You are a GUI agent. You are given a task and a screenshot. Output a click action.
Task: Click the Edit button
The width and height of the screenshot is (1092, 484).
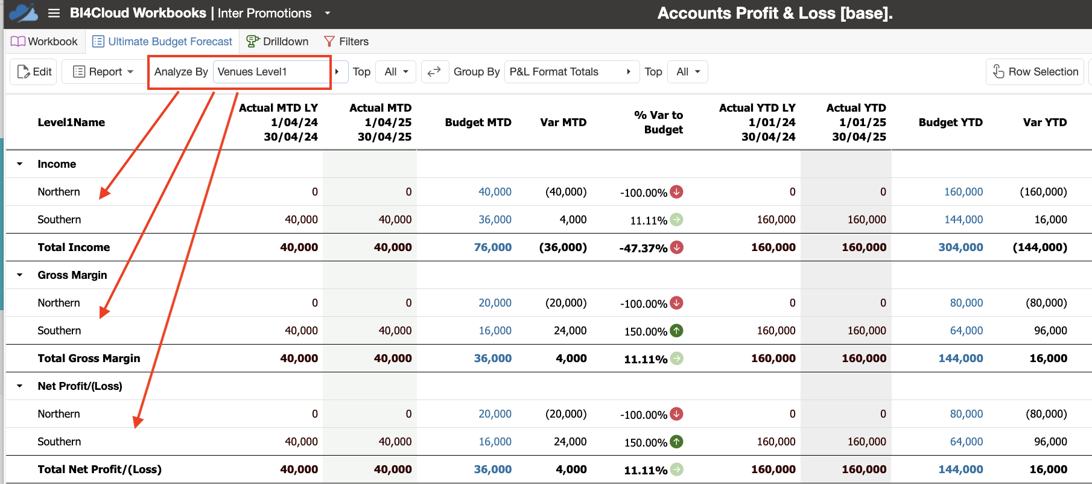pyautogui.click(x=34, y=72)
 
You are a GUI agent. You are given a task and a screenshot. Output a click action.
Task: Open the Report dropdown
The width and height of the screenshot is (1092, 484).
pyautogui.click(x=103, y=72)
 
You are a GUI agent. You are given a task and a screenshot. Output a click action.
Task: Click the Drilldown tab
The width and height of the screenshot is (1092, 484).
pyautogui.click(x=278, y=42)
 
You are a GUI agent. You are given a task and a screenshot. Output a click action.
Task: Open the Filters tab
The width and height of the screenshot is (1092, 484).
pyautogui.click(x=346, y=42)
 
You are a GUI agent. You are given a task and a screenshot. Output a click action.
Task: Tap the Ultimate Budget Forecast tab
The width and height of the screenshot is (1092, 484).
pyautogui.click(x=162, y=42)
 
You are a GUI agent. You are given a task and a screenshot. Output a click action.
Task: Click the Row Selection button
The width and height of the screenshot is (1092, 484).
pyautogui.click(x=1035, y=72)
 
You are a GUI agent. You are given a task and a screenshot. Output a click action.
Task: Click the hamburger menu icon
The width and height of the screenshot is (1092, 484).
pyautogui.click(x=54, y=13)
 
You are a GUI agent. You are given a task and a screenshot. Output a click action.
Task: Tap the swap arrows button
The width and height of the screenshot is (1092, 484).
pyautogui.click(x=434, y=72)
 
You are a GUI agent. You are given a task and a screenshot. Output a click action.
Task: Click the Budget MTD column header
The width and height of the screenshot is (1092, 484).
pyautogui.click(x=478, y=123)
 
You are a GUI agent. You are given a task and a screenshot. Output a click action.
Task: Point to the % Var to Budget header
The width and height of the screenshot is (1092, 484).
pyautogui.click(x=659, y=123)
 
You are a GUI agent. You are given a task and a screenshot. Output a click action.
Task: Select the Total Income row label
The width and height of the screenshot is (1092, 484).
pyautogui.click(x=74, y=247)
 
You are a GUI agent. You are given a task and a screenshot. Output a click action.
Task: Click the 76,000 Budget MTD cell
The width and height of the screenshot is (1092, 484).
pyautogui.click(x=493, y=247)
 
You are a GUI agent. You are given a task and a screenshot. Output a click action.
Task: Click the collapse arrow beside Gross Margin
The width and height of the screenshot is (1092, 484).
pyautogui.click(x=20, y=275)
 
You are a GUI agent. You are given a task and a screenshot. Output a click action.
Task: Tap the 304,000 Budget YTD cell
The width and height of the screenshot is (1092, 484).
pyautogui.click(x=960, y=247)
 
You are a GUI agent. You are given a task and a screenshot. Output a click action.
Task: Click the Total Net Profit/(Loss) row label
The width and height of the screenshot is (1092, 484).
pyautogui.click(x=100, y=470)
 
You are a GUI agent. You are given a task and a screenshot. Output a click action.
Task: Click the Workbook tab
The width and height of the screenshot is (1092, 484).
pyautogui.click(x=44, y=42)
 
